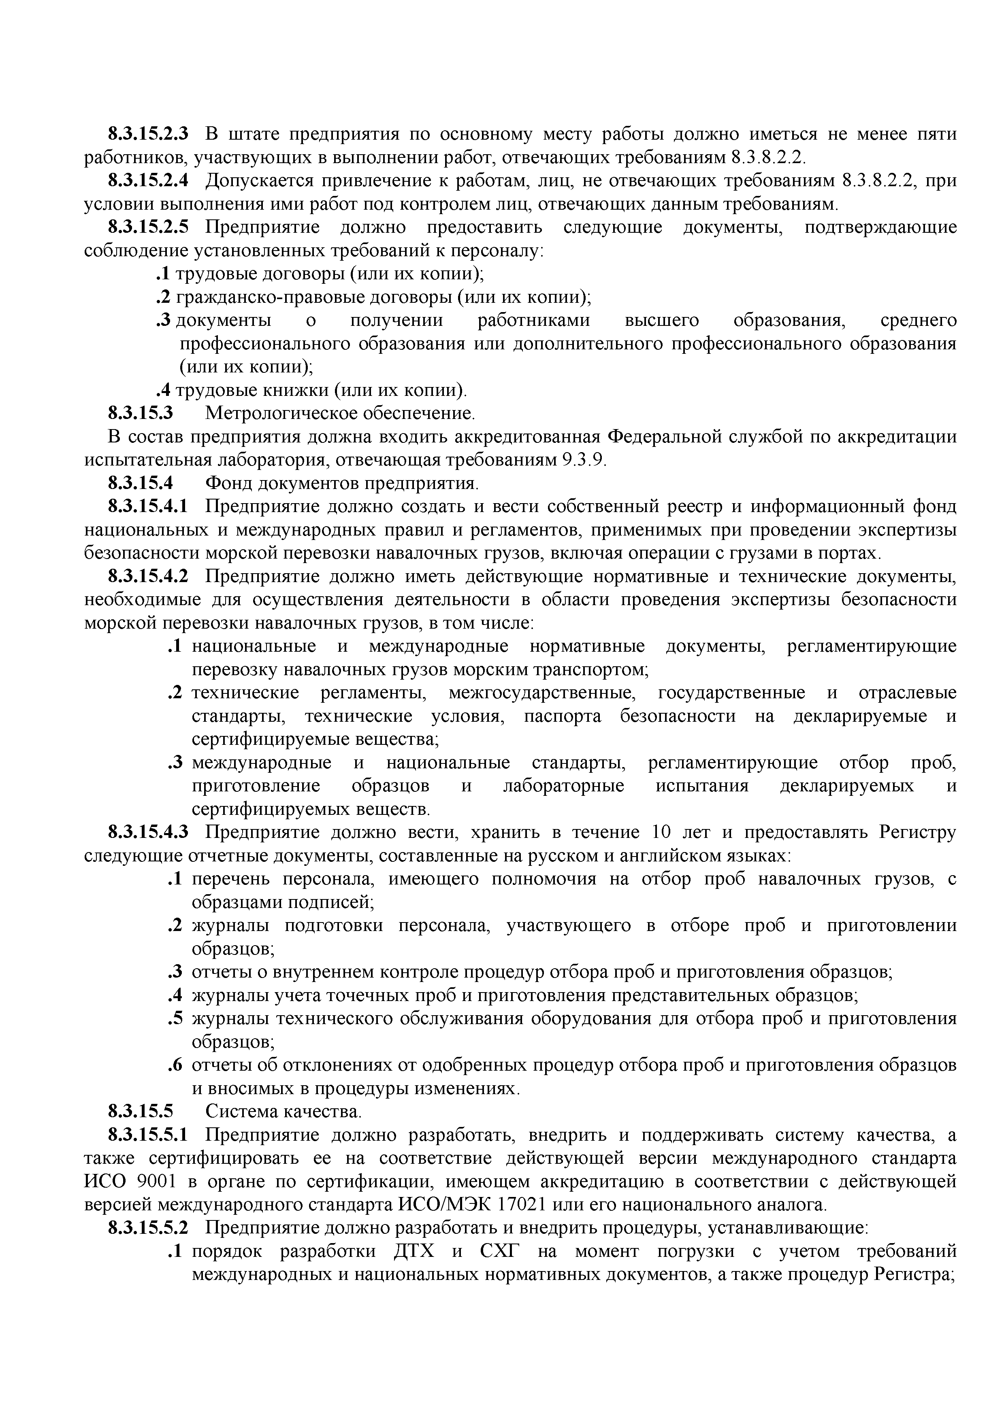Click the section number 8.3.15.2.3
click(149, 134)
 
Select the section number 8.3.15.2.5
click(149, 227)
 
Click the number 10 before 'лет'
click(662, 833)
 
